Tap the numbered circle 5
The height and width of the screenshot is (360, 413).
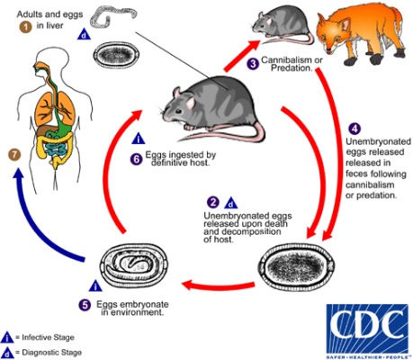[x=109, y=304]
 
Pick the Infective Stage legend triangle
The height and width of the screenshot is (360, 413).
[x=8, y=334]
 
